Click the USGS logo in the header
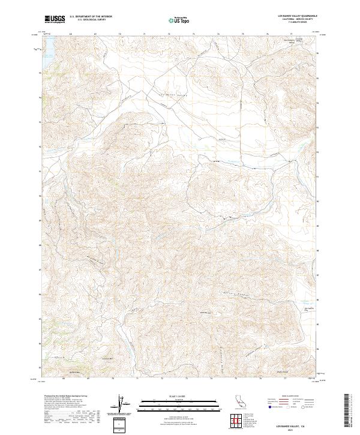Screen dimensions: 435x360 pos(55,19)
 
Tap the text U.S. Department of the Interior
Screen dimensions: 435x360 pos(91,17)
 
